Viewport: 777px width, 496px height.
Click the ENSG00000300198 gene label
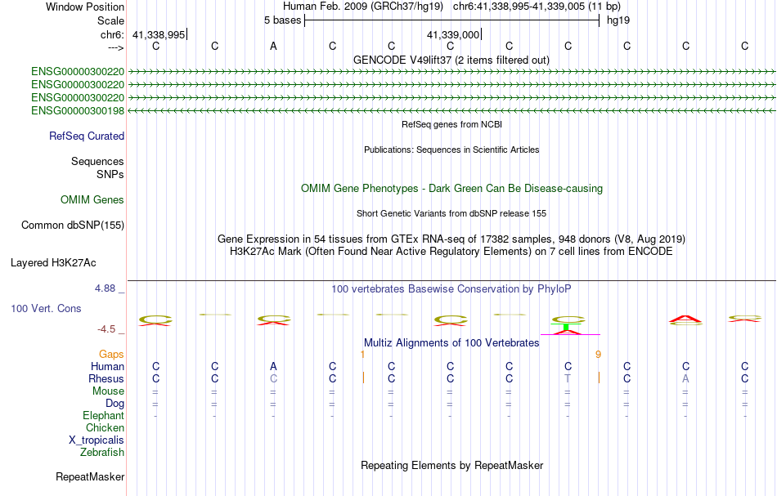[x=78, y=110]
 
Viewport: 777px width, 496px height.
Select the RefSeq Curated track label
[x=87, y=136]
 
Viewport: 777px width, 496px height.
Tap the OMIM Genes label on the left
[x=92, y=200]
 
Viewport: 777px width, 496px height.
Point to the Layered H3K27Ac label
[x=53, y=263]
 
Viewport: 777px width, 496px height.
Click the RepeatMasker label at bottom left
[x=90, y=476]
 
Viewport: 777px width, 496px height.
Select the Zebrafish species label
[x=102, y=452]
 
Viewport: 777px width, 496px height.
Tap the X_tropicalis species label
[x=97, y=440]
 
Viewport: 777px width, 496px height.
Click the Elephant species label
[x=103, y=416]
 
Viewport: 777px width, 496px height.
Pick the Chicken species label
[x=105, y=428]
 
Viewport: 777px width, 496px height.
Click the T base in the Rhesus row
[x=568, y=379]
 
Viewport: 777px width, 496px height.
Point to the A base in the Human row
[x=273, y=367]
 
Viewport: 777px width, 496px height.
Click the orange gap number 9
[x=598, y=355]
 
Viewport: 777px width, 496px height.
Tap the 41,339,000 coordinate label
[x=453, y=34]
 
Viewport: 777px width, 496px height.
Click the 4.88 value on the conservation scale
[x=106, y=288]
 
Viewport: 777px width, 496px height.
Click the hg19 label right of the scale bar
[x=617, y=20]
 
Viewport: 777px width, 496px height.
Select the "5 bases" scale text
[x=282, y=20]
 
